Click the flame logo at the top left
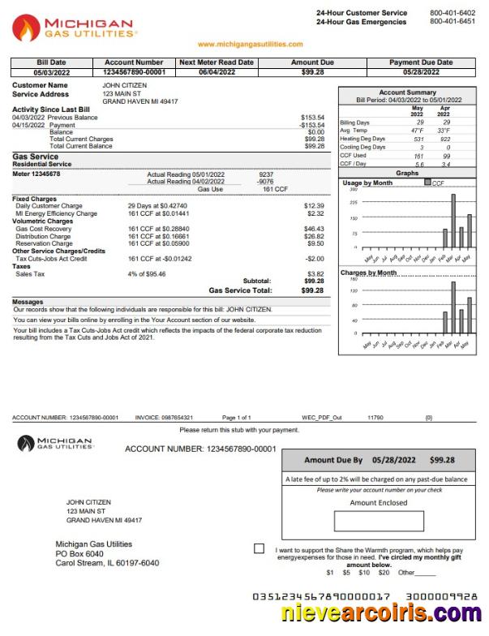(x=26, y=28)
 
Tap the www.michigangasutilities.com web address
(x=250, y=45)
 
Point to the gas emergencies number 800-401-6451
(x=453, y=21)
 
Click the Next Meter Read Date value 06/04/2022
(x=216, y=71)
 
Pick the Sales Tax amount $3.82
(x=314, y=274)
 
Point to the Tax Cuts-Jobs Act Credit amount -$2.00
(x=313, y=258)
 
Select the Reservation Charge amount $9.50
(x=315, y=243)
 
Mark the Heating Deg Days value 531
(x=418, y=139)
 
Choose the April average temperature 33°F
(x=444, y=131)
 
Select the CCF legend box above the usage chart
(x=428, y=183)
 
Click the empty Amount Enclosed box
(x=379, y=522)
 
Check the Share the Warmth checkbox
(x=259, y=549)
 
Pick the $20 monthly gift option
(x=384, y=573)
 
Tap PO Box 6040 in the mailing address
(x=79, y=553)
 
